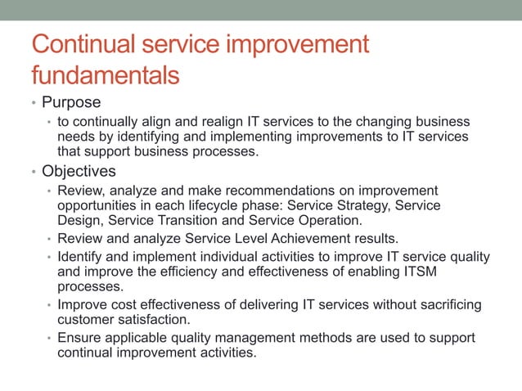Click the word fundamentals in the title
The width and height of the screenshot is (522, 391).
tap(105, 76)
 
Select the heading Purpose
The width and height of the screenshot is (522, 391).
tap(71, 103)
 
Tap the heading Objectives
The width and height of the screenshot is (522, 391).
tap(79, 172)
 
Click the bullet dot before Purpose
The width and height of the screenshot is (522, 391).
tap(34, 105)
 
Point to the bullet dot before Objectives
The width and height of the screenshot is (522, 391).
tap(34, 173)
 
